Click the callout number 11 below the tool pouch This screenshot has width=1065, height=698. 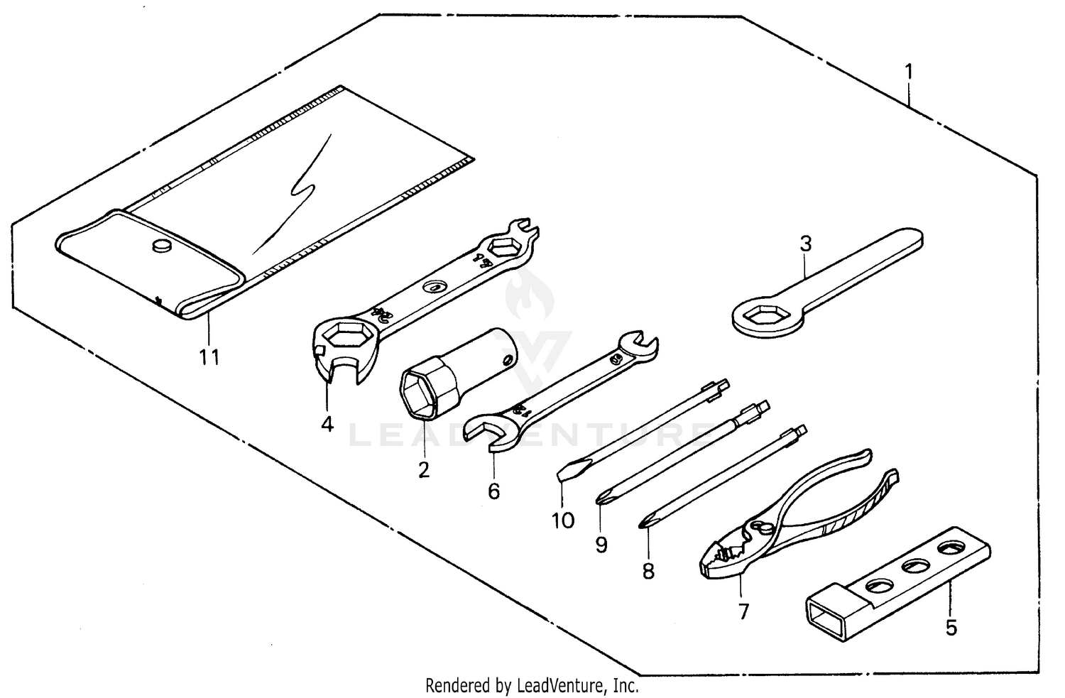[209, 357]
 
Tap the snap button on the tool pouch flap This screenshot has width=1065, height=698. [162, 246]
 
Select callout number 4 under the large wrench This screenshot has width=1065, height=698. [327, 424]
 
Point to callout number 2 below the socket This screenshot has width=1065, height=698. [424, 470]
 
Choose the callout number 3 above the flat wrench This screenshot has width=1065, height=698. [805, 244]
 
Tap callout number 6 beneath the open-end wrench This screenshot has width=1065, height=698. [494, 491]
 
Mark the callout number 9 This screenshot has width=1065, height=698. [601, 545]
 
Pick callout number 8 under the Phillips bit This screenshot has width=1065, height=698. [648, 571]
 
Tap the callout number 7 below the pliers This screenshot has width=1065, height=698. [743, 611]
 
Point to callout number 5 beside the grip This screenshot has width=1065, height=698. [951, 628]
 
